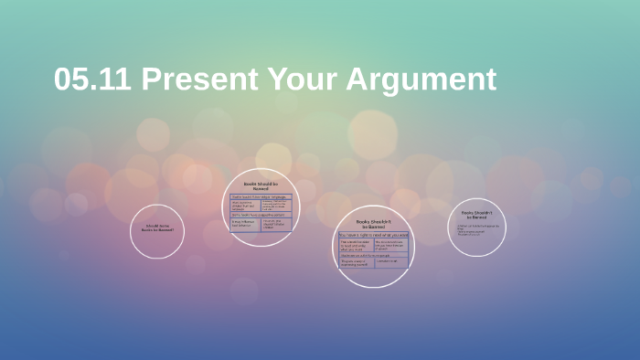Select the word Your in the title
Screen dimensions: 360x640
coord(304,79)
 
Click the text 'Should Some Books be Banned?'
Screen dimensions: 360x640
coord(157,228)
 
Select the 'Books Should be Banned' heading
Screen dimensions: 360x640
coord(261,185)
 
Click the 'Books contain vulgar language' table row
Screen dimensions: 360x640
coord(260,196)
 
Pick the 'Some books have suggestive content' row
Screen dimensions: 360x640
coord(260,214)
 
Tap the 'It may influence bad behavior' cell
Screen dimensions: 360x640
coord(245,223)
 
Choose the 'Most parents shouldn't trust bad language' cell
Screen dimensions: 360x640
coord(245,205)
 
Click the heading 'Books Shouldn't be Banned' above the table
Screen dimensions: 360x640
coord(373,224)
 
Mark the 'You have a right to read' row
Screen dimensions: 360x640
coord(373,235)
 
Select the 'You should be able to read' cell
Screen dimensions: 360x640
coord(356,245)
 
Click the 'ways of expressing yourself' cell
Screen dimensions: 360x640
coord(356,263)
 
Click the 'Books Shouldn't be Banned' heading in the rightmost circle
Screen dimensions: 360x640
coord(477,216)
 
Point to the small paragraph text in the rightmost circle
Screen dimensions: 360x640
coord(474,230)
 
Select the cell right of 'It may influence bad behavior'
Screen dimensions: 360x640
coord(275,223)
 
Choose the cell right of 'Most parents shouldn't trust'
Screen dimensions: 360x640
coord(275,205)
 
